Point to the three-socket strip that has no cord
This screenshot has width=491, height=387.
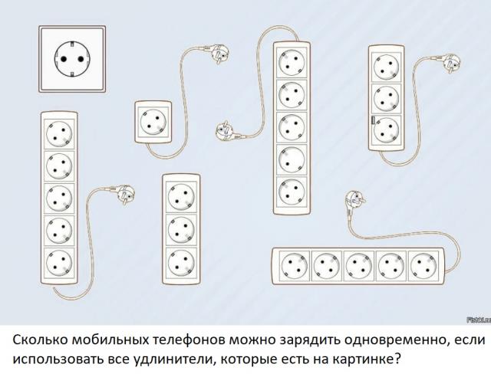[181, 227]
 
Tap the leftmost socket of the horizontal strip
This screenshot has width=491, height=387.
[294, 265]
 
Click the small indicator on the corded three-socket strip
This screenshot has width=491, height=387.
[374, 120]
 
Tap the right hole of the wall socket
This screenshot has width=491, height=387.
[80, 57]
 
